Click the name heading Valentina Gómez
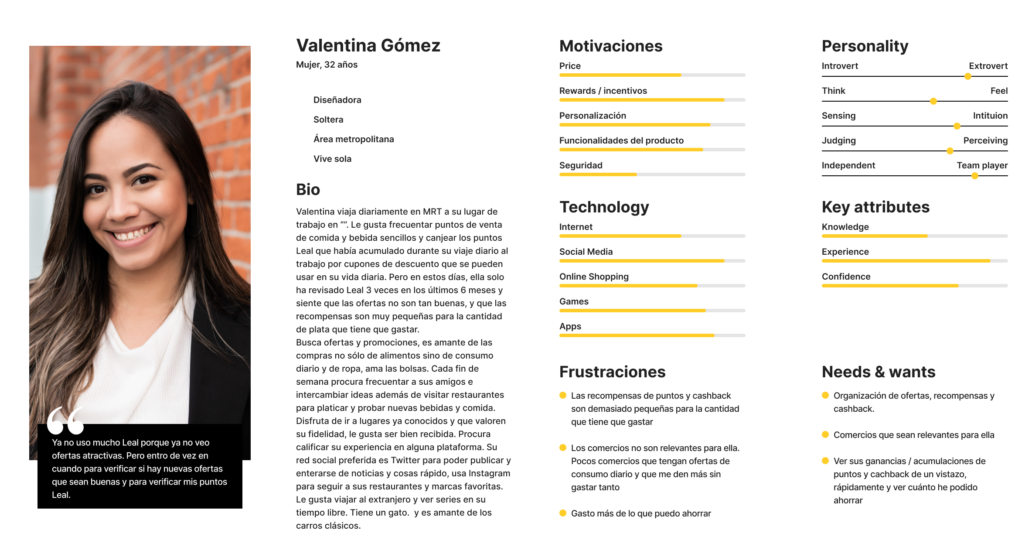click(368, 46)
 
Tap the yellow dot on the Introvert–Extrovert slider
click(967, 76)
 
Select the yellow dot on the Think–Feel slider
click(933, 101)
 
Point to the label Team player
click(982, 165)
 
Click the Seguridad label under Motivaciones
click(580, 165)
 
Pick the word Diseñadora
click(337, 100)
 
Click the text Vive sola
click(332, 159)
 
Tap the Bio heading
click(308, 190)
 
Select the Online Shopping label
click(594, 277)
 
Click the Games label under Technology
click(574, 301)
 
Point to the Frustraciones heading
click(612, 372)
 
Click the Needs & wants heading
click(878, 372)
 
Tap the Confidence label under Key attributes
click(846, 277)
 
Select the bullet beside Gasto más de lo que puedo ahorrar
click(563, 513)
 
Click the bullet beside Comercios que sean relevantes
click(825, 434)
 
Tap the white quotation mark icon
click(65, 420)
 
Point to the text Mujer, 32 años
click(327, 65)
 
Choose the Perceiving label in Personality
click(985, 140)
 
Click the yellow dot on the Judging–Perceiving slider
click(950, 151)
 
